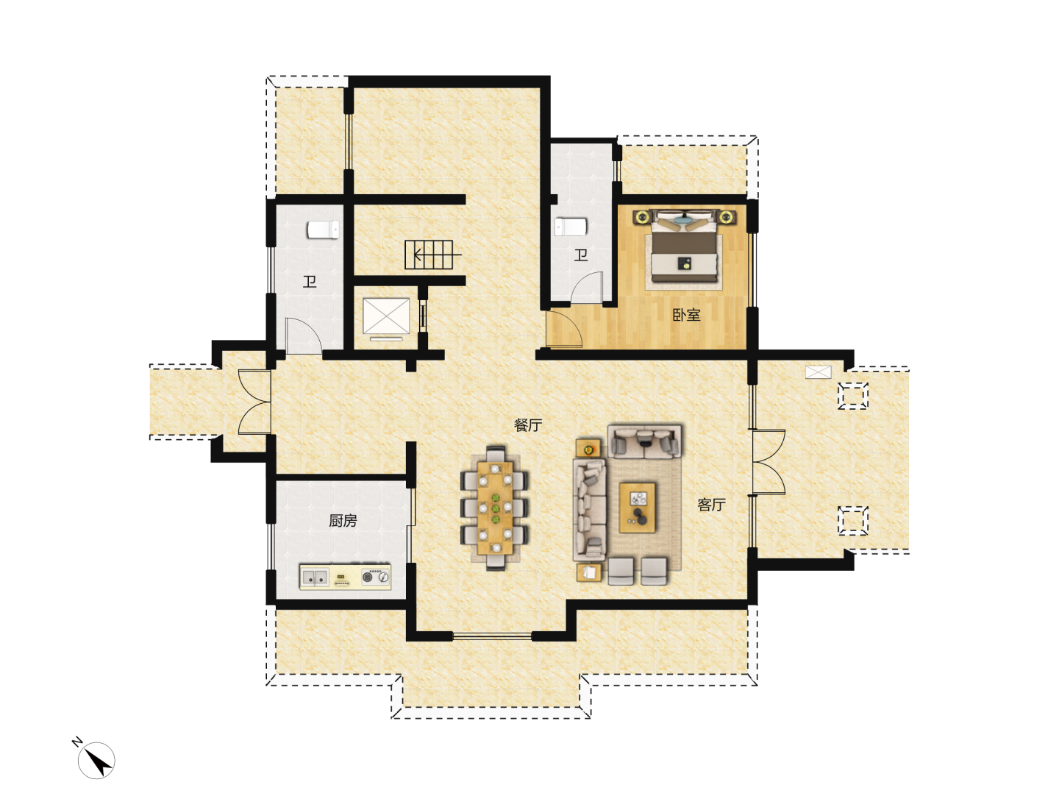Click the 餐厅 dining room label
click(527, 425)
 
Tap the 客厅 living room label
click(711, 505)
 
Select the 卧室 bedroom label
click(686, 315)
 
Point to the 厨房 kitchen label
click(343, 521)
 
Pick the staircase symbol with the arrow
click(430, 255)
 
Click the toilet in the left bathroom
click(323, 230)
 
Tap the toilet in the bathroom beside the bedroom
click(571, 227)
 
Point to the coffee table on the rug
click(638, 508)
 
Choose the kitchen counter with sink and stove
click(345, 576)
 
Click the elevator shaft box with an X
click(386, 316)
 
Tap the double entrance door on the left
click(254, 402)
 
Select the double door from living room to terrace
click(768, 462)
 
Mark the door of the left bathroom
click(304, 336)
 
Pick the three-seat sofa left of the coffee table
click(589, 510)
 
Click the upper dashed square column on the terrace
click(852, 396)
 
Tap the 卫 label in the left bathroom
click(310, 281)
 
